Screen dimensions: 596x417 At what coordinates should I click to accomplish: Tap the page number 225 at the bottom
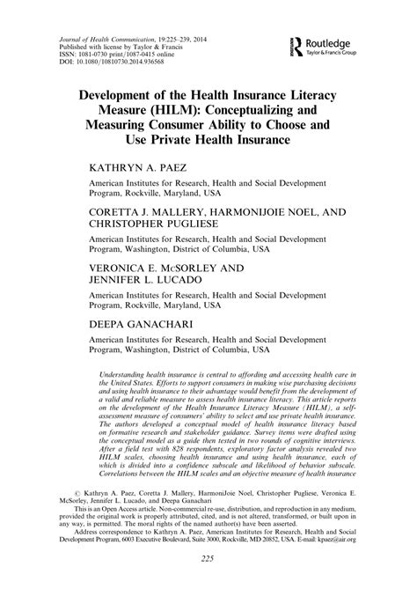click(x=208, y=584)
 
